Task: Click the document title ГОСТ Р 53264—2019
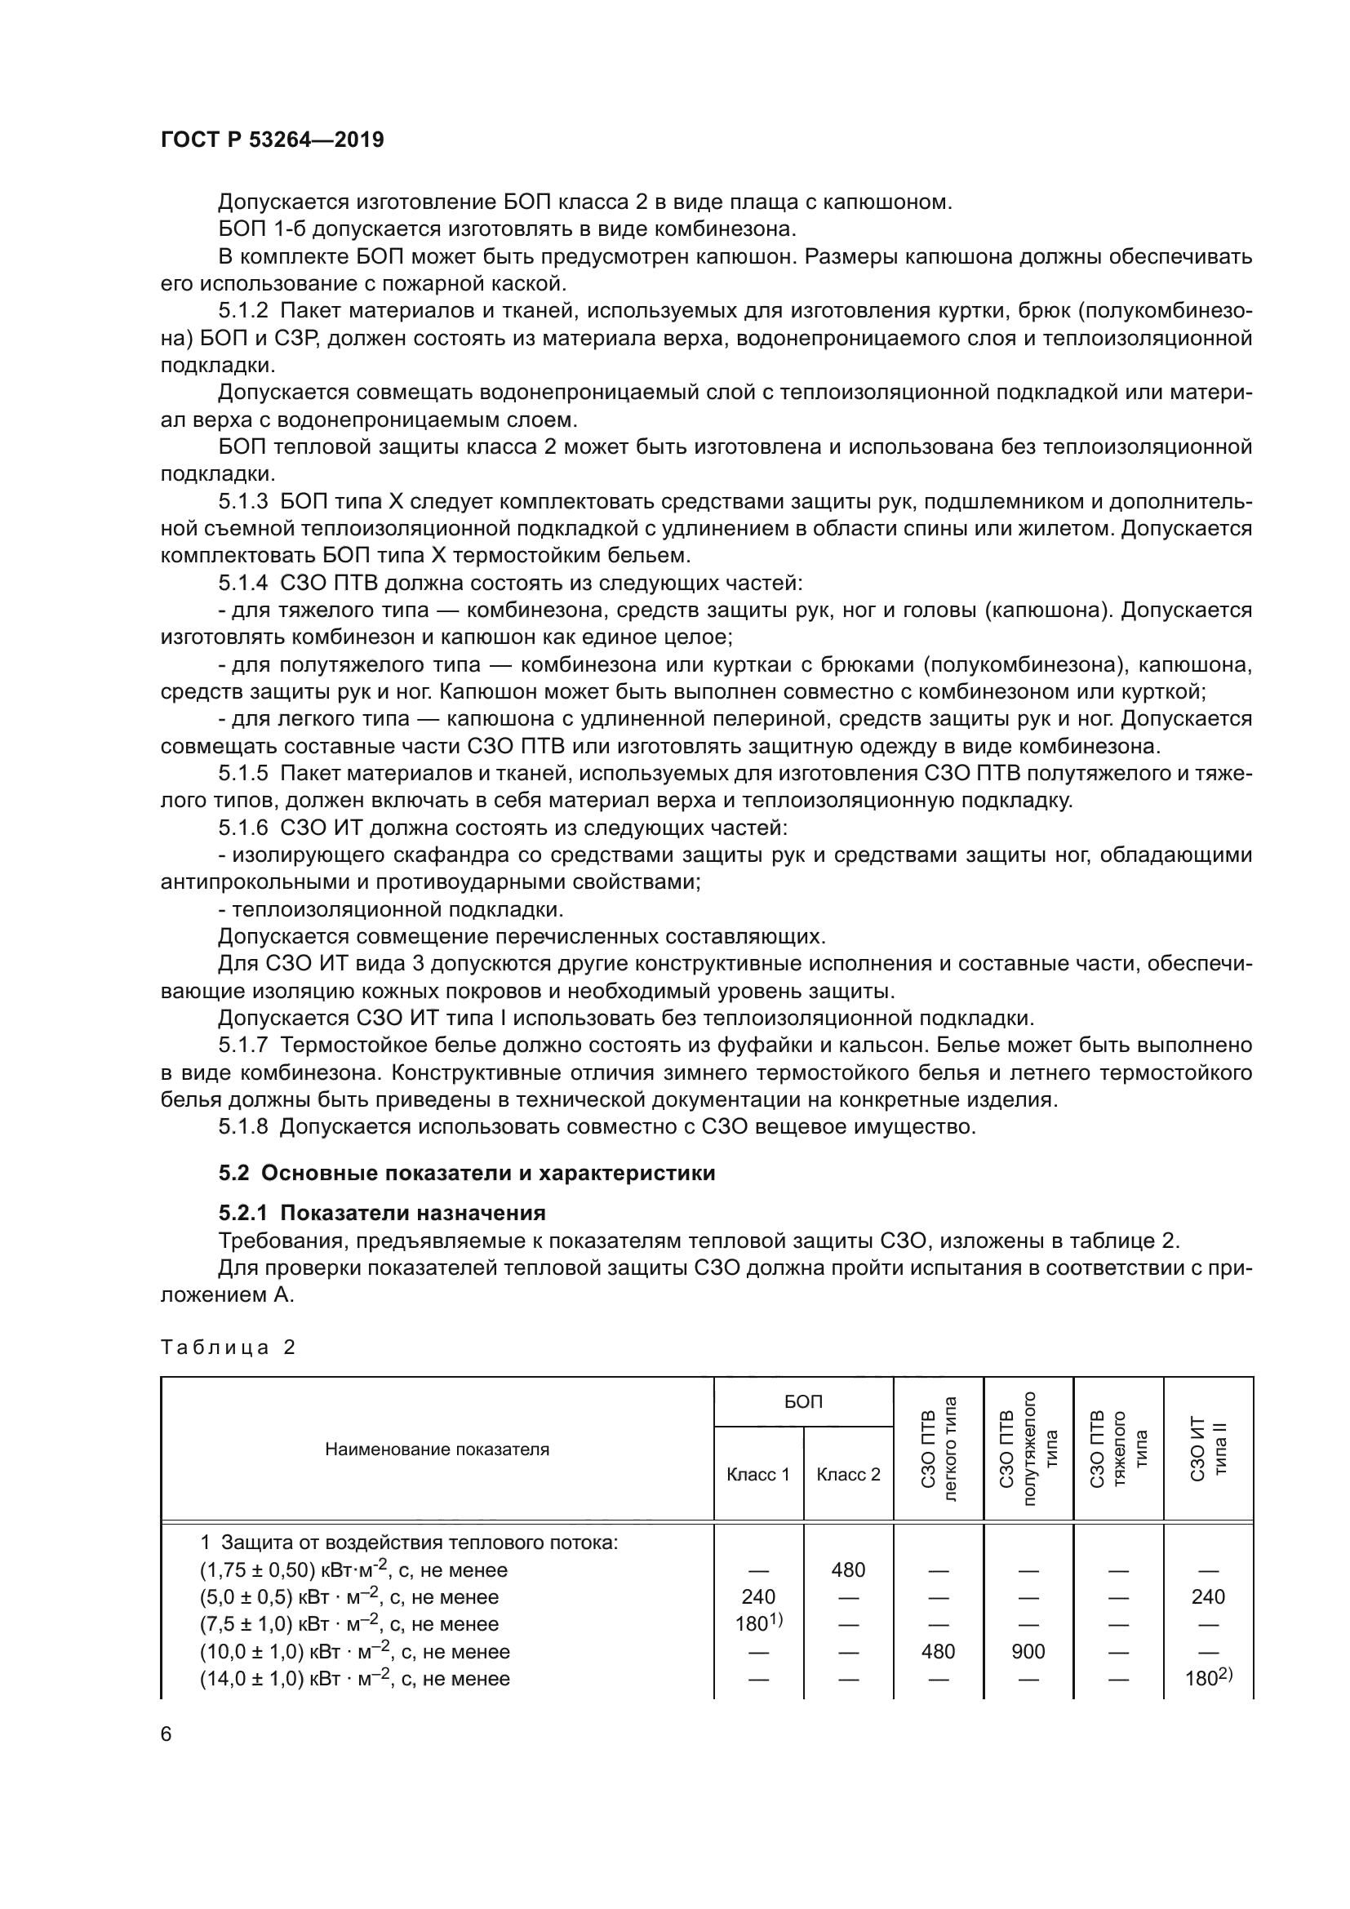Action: point(272,140)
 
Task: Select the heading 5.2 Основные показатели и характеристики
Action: point(466,1172)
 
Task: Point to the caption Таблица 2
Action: point(228,1347)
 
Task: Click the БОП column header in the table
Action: point(803,1402)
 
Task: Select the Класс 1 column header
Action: point(758,1474)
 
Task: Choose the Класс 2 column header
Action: point(848,1474)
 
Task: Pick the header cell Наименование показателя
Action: point(437,1450)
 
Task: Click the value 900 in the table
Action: point(1028,1651)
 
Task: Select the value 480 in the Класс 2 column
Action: point(848,1569)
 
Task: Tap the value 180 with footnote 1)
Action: point(758,1624)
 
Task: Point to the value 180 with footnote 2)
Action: point(1208,1678)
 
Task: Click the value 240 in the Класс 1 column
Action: point(758,1596)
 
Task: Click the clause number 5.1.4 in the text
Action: point(242,583)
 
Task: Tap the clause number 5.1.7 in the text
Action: point(242,1046)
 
